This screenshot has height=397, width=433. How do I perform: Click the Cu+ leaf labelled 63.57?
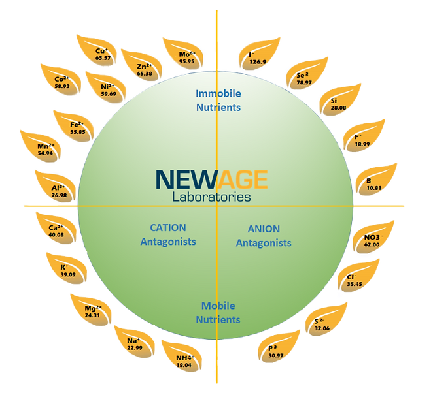click(x=102, y=54)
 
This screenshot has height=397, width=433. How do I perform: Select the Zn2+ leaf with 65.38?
click(x=145, y=69)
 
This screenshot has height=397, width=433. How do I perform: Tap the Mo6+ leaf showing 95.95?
click(x=188, y=57)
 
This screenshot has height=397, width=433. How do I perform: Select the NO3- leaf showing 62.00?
click(x=372, y=240)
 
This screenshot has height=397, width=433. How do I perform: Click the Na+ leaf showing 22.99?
click(x=135, y=343)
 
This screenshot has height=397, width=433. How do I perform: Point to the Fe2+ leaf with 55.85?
click(x=77, y=127)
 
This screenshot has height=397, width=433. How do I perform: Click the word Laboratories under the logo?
click(x=211, y=195)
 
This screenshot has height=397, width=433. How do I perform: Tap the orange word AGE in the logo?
click(x=243, y=179)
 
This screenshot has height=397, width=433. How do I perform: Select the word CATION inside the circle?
click(x=168, y=228)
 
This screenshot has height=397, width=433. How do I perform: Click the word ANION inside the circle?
click(x=264, y=229)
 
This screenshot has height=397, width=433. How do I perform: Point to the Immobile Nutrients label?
click(x=218, y=100)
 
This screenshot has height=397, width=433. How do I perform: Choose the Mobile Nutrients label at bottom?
click(x=218, y=313)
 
